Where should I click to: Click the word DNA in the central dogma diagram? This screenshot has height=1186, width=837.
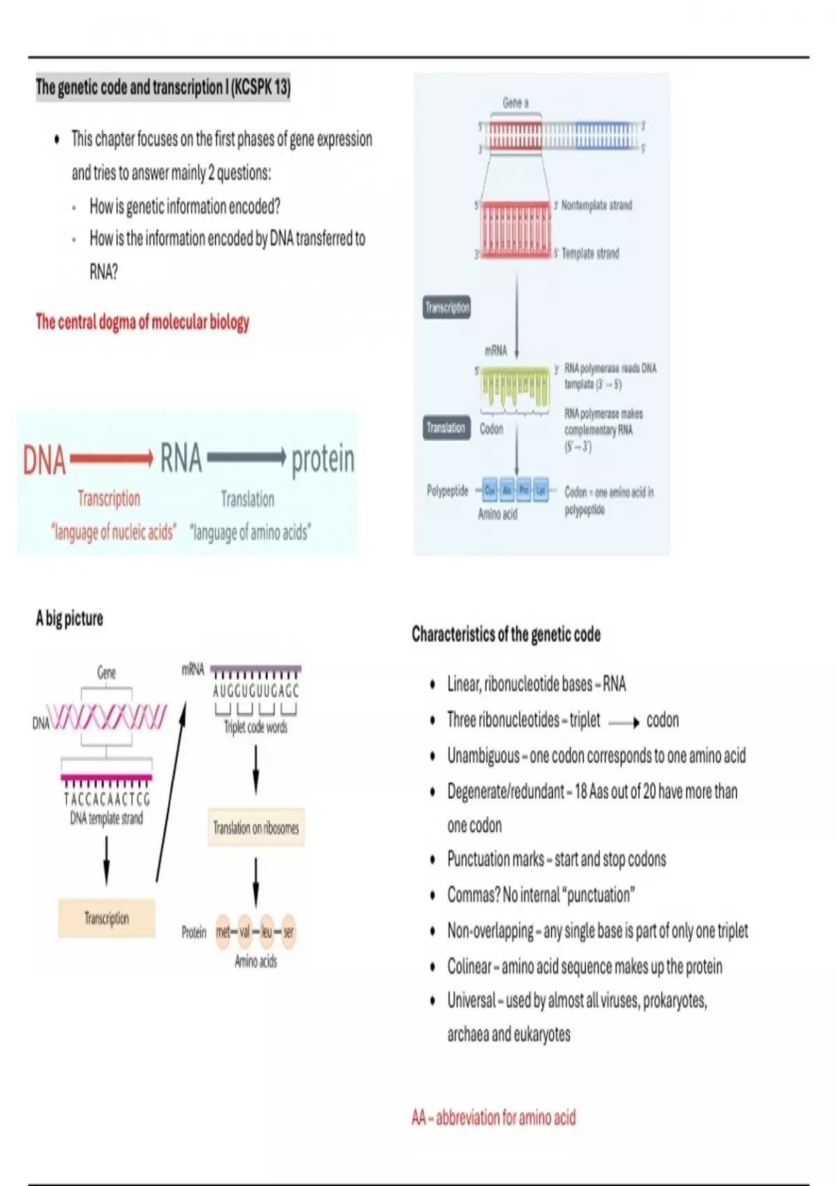[x=45, y=460]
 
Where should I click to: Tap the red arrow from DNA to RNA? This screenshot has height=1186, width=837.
[x=112, y=458]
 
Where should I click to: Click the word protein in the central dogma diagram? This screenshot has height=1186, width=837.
[x=323, y=459]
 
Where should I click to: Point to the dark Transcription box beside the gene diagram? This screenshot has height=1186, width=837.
[x=447, y=307]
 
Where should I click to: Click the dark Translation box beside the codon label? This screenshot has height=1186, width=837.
[x=446, y=428]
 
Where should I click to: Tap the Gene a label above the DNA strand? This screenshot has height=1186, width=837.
[x=515, y=103]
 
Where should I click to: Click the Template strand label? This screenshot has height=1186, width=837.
[x=590, y=253]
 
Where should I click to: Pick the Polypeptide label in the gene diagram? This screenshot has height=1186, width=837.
[x=447, y=491]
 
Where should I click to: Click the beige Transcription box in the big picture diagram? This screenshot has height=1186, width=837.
[x=107, y=918]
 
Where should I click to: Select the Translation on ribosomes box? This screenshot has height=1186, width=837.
[x=256, y=828]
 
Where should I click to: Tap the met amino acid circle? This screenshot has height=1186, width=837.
[x=223, y=931]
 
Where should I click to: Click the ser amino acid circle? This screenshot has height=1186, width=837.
[x=289, y=931]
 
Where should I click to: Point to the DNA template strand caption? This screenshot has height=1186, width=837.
[x=106, y=818]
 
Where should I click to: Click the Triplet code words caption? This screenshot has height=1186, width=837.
[x=255, y=727]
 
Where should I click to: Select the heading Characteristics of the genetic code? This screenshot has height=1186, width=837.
[x=506, y=634]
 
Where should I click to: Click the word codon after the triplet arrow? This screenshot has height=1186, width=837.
[x=662, y=720]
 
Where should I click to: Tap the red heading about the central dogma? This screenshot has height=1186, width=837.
[x=142, y=322]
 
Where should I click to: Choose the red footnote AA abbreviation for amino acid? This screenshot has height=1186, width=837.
[x=494, y=1118]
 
